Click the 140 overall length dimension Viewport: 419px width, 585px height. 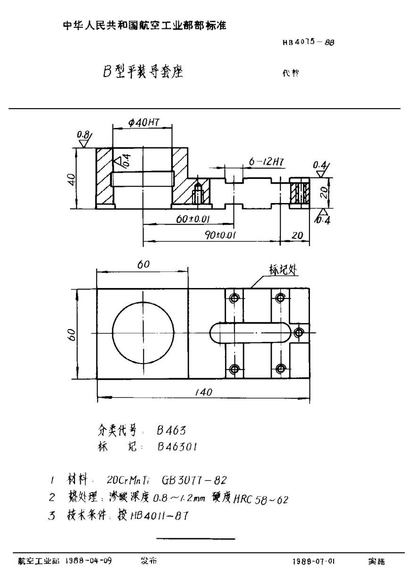[203, 392]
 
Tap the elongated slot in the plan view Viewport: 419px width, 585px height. [251, 333]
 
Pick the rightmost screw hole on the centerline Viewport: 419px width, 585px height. [297, 333]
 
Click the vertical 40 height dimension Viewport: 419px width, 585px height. [70, 178]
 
